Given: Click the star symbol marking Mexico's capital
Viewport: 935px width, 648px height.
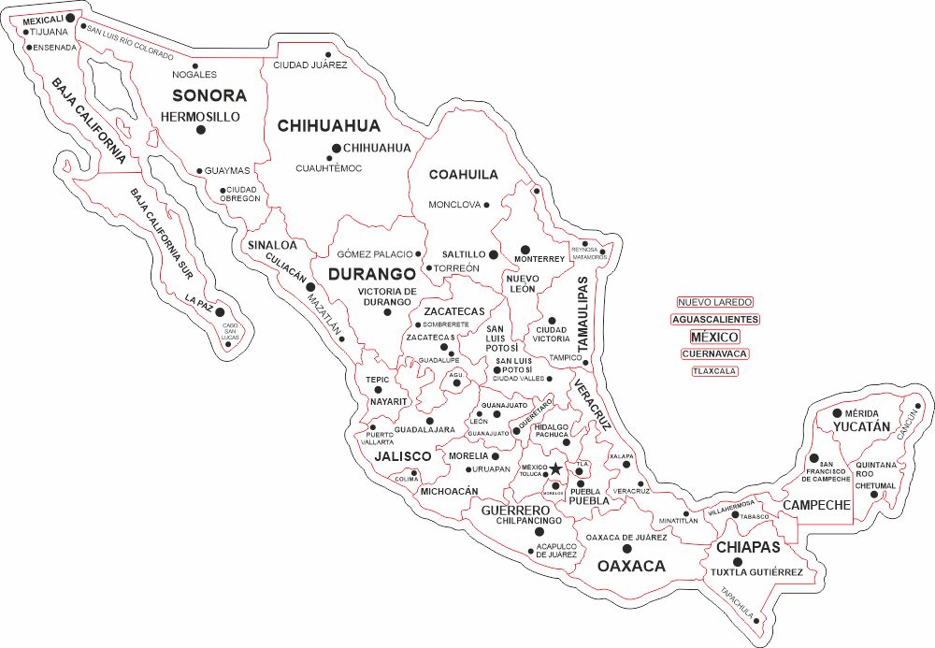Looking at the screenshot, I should point(555,468).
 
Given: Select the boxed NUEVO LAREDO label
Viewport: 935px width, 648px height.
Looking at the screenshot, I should point(715,302).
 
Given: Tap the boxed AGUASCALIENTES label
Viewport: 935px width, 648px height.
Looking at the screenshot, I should point(715,319).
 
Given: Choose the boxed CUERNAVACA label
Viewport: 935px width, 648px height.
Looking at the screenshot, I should point(715,354).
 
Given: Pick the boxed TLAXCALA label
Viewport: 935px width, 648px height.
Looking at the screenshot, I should point(715,371).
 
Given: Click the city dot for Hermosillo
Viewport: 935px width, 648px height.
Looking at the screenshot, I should point(200,130).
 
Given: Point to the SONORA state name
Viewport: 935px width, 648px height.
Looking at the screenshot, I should point(209,95).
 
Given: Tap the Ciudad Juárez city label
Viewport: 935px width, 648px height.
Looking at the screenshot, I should point(309,65).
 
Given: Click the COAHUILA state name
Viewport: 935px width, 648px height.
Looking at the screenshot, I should point(463,175).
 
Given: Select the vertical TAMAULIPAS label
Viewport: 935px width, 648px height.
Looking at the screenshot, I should point(583,313).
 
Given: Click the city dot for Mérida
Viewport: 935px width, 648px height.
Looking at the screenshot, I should point(837,412).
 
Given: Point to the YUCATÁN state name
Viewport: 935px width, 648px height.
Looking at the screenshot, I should point(861,426).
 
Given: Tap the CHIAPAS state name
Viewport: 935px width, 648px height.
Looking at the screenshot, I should point(747,547).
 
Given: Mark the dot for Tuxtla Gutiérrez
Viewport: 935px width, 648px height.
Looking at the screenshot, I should point(737,561).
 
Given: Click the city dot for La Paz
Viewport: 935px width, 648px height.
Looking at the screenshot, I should point(221,311).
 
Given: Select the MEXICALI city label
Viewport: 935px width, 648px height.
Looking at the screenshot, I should point(43,19).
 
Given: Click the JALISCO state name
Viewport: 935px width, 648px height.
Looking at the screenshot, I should point(403,457).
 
